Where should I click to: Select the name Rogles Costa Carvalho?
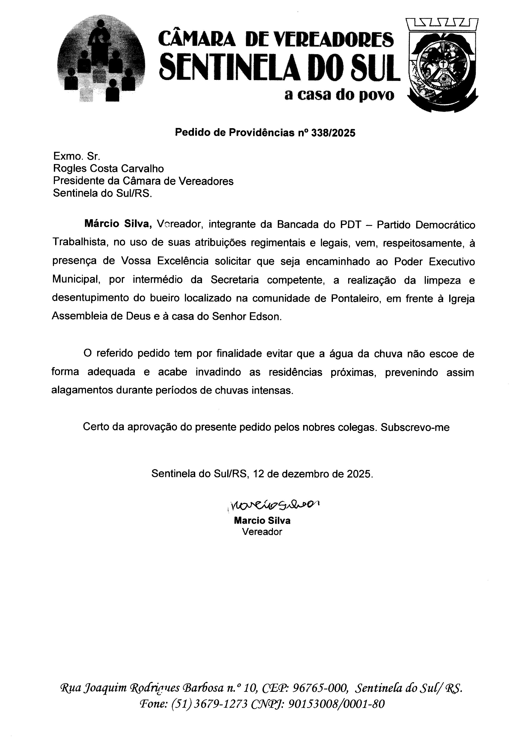[108, 168]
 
